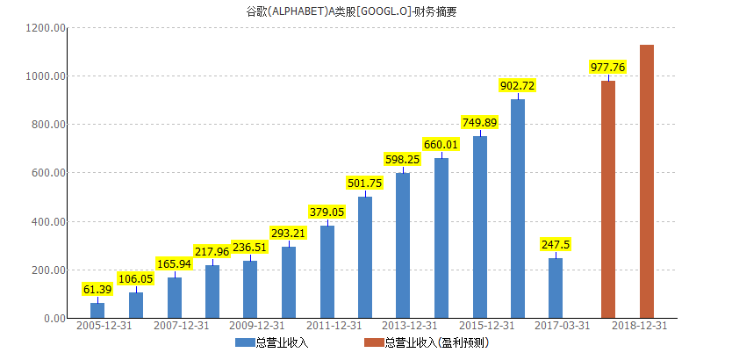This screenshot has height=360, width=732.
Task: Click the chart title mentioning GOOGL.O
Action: [x=365, y=12]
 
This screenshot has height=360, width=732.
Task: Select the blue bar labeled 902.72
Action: [x=518, y=208]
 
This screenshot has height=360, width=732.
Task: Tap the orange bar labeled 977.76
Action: [x=608, y=199]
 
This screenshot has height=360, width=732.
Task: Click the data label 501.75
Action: [x=365, y=183]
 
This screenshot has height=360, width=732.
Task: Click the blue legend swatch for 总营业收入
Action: [x=244, y=342]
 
